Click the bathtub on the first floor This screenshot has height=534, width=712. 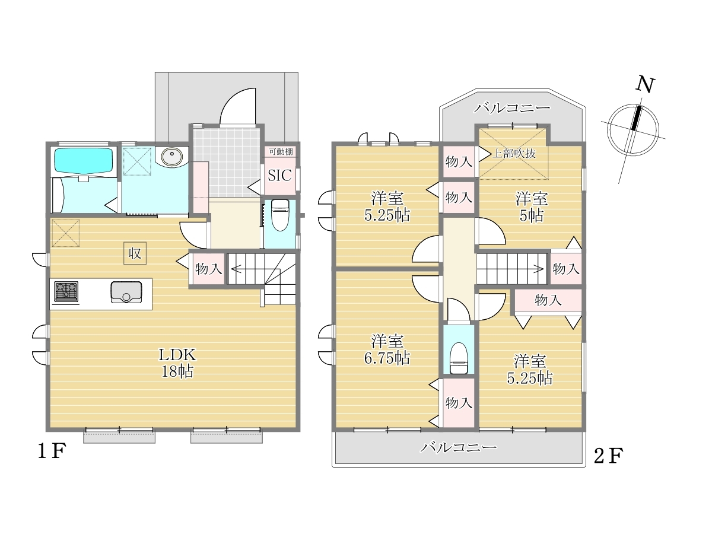coord(85,161)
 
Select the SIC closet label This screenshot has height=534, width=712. coord(279,176)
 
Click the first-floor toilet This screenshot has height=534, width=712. coord(279,215)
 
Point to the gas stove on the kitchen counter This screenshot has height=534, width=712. coord(66,291)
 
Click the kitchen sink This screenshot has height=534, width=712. coord(126,292)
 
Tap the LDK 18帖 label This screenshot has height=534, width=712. coord(177,363)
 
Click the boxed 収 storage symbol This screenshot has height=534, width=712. coord(135,253)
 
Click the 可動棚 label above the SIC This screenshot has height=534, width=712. coord(281,151)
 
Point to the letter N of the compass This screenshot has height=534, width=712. coord(645,85)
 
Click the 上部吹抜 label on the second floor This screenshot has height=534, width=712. coord(514,153)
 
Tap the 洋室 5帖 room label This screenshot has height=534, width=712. coord(532,207)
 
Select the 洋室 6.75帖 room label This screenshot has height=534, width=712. coord(387,350)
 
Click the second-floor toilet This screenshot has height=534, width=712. coord(459,358)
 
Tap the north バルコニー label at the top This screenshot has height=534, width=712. coord(513,108)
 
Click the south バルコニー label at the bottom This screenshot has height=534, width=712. coord(459,448)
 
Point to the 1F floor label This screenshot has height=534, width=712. coord(52,451)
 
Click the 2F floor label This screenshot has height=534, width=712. coord(609,456)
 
